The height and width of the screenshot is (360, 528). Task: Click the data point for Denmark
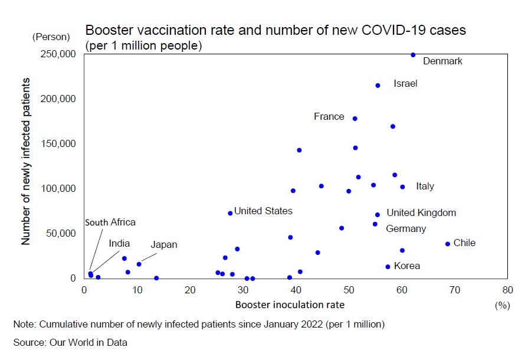[413, 55]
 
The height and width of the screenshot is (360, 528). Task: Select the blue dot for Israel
[378, 86]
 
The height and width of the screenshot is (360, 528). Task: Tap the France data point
[355, 119]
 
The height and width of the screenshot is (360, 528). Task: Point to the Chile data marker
[448, 244]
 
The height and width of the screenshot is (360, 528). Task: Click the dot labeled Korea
[388, 267]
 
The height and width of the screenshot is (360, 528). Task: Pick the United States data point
[230, 213]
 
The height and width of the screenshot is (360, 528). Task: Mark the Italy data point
[402, 187]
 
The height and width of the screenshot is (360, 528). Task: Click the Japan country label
[163, 244]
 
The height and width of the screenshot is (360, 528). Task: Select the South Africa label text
[110, 222]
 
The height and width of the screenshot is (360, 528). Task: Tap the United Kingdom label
[421, 212]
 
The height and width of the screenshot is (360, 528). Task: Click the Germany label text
[406, 228]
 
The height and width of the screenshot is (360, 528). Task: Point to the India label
[119, 243]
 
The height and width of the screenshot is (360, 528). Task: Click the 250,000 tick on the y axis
[58, 54]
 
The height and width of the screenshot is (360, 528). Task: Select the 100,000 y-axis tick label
[58, 189]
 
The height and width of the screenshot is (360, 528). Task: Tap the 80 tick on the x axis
[508, 290]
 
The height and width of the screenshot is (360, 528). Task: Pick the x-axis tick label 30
[243, 290]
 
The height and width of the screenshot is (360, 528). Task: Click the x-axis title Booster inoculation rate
[290, 305]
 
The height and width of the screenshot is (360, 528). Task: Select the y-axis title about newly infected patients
[25, 161]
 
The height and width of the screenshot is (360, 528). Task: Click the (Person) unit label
[51, 37]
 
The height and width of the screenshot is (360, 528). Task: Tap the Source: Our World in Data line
[70, 342]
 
